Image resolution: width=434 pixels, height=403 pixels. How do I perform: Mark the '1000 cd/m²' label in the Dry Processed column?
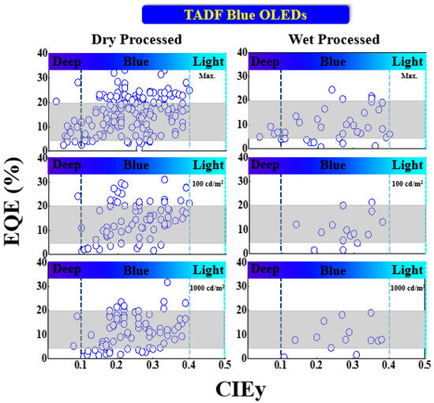[x=207, y=289]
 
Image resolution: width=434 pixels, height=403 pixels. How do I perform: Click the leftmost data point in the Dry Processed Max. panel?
[x=56, y=101]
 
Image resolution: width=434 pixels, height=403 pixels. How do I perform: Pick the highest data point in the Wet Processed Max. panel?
[x=332, y=89]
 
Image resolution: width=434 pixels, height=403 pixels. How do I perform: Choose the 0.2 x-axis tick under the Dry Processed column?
[x=117, y=365]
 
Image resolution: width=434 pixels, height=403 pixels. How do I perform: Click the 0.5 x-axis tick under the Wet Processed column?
[x=423, y=365]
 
